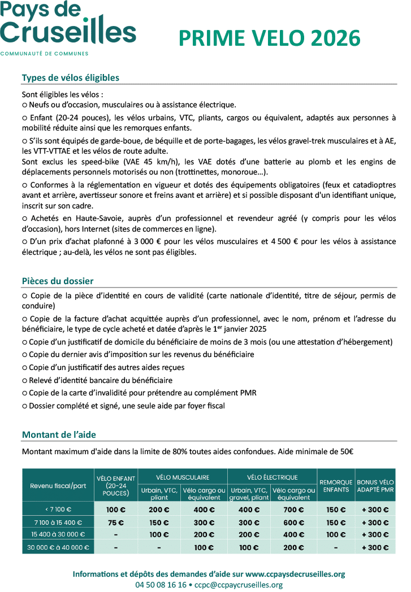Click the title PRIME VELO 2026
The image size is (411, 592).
coord(269,38)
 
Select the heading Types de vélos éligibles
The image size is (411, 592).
coord(70,78)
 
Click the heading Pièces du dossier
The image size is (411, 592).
coord(58,281)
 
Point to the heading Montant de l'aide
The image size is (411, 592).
coord(59,434)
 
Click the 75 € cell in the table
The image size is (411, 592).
coord(116,523)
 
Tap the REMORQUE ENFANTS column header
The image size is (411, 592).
coord(336,486)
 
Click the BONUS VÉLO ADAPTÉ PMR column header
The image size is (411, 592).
coord(375,486)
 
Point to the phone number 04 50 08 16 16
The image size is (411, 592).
coord(161,585)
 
